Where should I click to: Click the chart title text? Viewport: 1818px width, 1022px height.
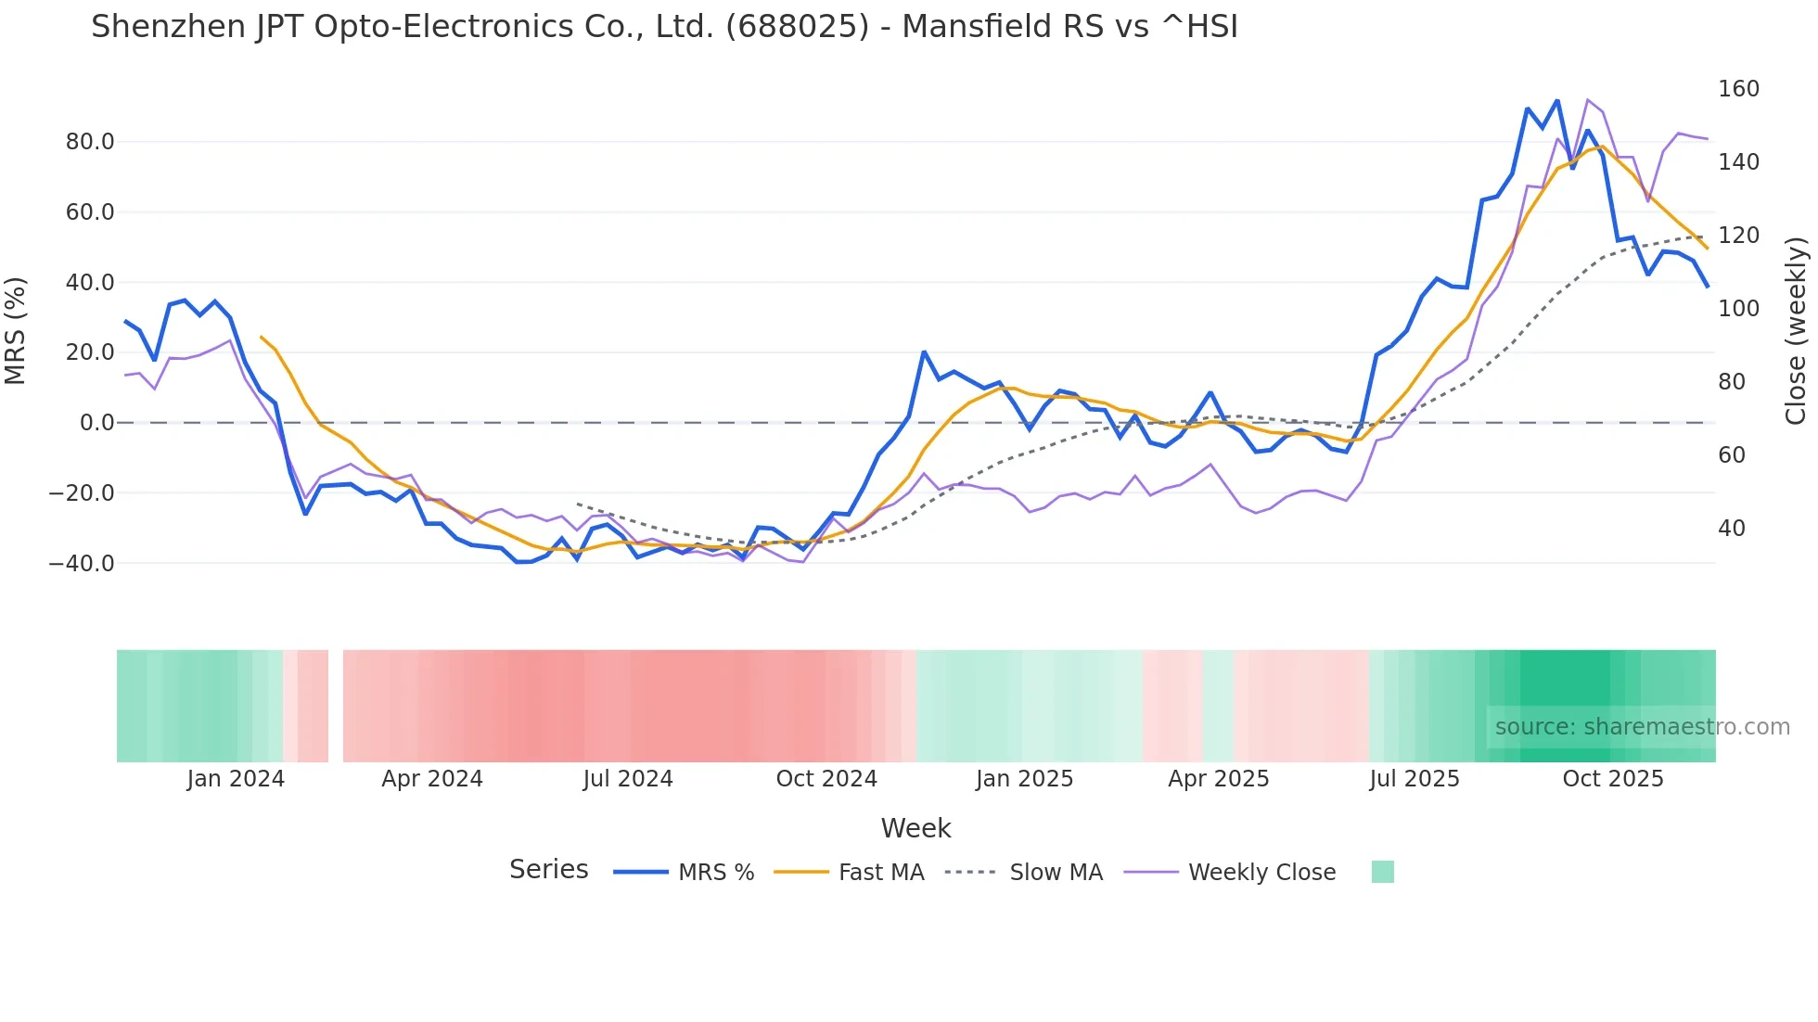664,27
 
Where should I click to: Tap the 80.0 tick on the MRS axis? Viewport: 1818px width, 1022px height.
90,142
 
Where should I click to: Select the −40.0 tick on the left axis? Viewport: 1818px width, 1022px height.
82,563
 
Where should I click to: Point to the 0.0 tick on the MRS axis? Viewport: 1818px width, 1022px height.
96,423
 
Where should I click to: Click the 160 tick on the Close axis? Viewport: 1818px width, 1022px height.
1738,89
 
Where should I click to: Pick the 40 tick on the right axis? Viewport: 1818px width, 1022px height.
1732,529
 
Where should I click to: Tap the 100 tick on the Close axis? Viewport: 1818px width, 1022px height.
1738,309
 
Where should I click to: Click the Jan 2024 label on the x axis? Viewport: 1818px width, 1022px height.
236,779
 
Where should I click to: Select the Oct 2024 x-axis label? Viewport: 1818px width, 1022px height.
826,779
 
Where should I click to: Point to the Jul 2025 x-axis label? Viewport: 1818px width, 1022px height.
1415,779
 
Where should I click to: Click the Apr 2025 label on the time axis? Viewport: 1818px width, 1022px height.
1218,779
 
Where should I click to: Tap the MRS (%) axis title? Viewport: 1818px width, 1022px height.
16,330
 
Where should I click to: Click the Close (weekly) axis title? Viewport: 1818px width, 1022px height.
1796,331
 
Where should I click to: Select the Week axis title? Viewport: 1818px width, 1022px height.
915,828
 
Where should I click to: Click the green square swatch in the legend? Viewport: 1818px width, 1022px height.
1382,872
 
